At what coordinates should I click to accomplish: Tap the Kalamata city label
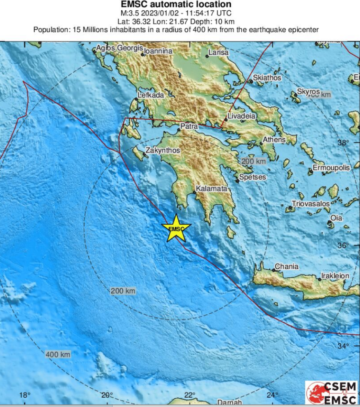point(211,189)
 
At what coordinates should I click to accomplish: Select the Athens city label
point(274,140)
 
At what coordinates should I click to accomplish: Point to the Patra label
point(189,127)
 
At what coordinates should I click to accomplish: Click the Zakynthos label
point(163,150)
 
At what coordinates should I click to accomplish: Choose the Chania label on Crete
point(286,266)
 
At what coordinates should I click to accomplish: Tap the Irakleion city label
point(335,276)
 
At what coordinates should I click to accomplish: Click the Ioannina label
point(158,51)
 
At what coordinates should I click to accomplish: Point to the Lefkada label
point(151,95)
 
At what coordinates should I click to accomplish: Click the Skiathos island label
point(267,77)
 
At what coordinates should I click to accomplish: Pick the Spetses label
point(252,177)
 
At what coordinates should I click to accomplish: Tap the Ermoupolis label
point(331,168)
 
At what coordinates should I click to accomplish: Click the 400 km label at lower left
point(58,354)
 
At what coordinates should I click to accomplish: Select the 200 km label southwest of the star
point(123,291)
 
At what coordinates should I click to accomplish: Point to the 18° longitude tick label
point(25,395)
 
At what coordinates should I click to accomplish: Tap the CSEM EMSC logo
point(332,392)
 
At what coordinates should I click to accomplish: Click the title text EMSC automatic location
point(176,4)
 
